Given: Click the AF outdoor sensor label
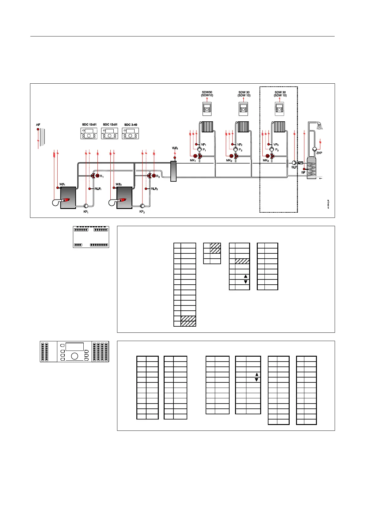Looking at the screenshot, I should (x=38, y=125).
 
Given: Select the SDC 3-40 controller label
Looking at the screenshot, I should (x=131, y=125).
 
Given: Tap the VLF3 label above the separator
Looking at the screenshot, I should (x=175, y=148).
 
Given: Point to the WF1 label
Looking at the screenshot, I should (x=62, y=184).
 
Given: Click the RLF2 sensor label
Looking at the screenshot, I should (x=154, y=189).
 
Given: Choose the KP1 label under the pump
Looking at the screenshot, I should (x=86, y=212).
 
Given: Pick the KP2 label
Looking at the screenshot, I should (x=142, y=212).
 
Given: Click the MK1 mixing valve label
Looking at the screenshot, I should (x=193, y=160).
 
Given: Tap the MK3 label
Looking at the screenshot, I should (x=266, y=160).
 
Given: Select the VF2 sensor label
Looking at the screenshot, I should (x=240, y=145).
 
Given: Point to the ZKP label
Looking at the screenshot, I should (x=319, y=153).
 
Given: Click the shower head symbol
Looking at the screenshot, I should (x=320, y=126).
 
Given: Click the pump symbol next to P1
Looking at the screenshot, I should (x=200, y=149).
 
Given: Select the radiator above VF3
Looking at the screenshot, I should (x=279, y=127).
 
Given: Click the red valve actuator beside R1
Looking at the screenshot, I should (x=97, y=176).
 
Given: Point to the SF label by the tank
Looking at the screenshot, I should (x=303, y=173).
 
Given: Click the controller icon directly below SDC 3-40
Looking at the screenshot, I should (x=130, y=134).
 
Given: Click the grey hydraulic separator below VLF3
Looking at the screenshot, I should (x=173, y=171).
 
